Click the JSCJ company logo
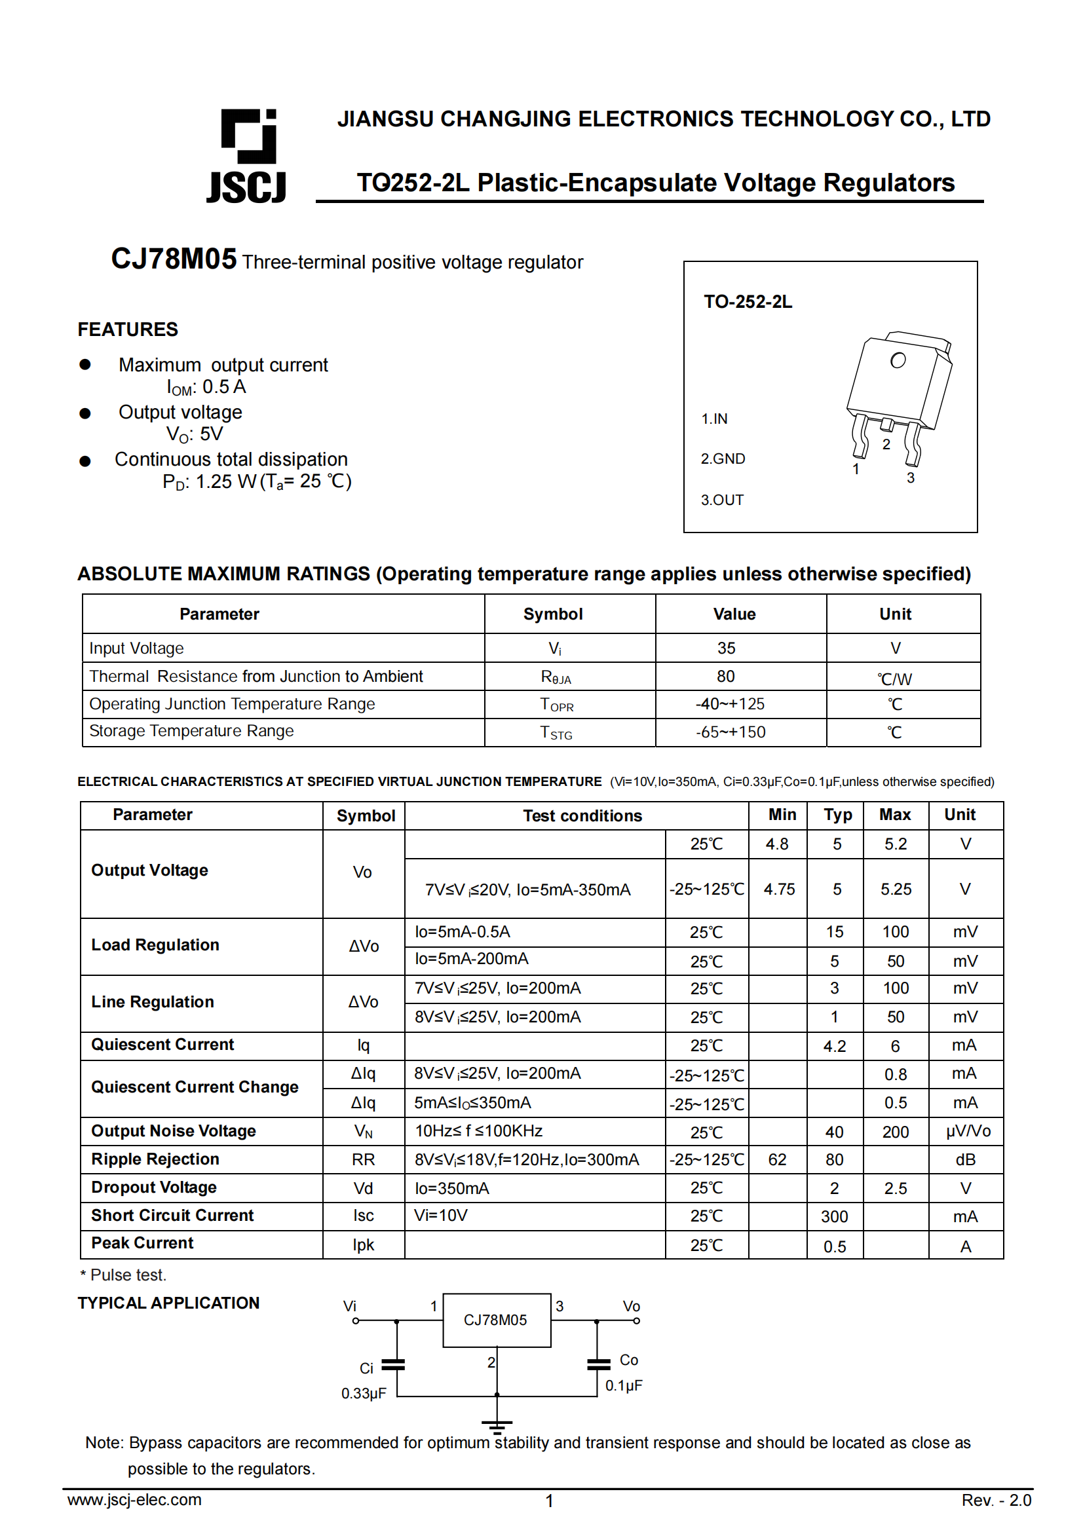(x=248, y=155)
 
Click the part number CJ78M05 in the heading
(x=174, y=259)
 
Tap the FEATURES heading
(x=128, y=329)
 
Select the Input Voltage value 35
(x=726, y=648)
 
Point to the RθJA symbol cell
(x=556, y=677)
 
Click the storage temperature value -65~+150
(x=731, y=732)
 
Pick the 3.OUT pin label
(x=722, y=500)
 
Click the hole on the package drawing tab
(x=898, y=360)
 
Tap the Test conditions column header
(x=582, y=815)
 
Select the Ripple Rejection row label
(x=155, y=1159)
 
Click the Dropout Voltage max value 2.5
(x=896, y=1188)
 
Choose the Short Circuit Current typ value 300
(x=834, y=1216)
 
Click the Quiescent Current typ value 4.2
(x=834, y=1046)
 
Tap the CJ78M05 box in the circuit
(x=497, y=1320)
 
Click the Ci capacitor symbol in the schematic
(x=393, y=1364)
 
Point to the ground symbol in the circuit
(x=497, y=1427)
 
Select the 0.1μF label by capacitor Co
(x=623, y=1385)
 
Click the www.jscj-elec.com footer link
(x=134, y=1499)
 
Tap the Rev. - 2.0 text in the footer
(x=996, y=1500)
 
